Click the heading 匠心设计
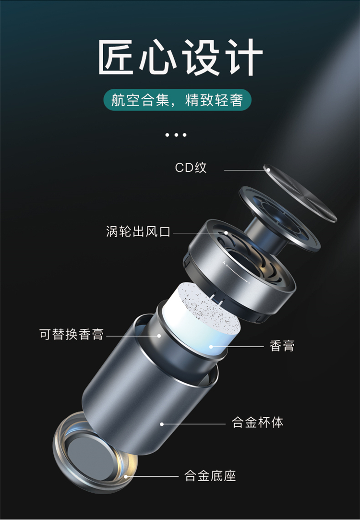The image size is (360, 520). click(x=180, y=57)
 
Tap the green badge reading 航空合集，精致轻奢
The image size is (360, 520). click(x=177, y=100)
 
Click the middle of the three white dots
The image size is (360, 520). click(x=176, y=134)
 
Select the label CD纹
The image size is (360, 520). click(x=191, y=168)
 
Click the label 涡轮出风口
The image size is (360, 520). click(x=138, y=231)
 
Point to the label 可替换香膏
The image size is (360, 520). click(x=72, y=334)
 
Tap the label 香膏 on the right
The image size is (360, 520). click(x=282, y=346)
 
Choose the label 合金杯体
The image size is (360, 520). click(x=258, y=423)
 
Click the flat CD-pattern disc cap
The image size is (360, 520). click(x=300, y=193)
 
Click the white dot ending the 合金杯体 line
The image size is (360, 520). click(x=162, y=424)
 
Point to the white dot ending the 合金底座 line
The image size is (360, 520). click(x=126, y=477)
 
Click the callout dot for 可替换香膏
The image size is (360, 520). click(x=159, y=336)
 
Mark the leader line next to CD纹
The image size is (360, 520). click(x=246, y=170)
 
